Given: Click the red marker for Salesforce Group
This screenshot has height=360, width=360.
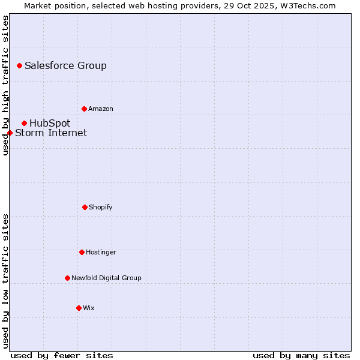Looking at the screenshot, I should coord(19,65).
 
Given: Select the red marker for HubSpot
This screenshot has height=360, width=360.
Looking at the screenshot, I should coord(24,123).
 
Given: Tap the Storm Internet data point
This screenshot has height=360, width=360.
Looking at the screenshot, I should coord(10,133).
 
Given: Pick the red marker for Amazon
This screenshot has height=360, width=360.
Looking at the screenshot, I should coord(84,109).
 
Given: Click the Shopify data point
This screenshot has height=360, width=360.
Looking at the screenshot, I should coord(85,207).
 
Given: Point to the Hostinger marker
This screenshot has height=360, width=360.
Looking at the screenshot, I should coord(82,252).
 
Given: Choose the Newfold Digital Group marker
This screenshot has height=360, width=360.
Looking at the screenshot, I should coord(67,278).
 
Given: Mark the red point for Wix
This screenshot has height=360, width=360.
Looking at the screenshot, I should coord(79,308).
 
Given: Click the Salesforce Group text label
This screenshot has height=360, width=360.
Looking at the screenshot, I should coord(65,66).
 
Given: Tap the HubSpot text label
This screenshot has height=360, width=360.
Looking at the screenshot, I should coord(50,124).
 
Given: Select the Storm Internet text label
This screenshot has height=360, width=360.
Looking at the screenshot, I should coord(51,133).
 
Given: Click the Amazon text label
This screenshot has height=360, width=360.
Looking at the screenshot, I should coord(101,109).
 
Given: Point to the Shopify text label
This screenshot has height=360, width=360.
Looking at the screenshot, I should coord(101,208).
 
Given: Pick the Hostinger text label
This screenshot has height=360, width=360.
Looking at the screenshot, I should coord(101,253).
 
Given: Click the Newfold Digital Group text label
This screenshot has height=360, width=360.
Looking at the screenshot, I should coord(106,278).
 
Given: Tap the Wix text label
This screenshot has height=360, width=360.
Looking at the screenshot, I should coord(89,308).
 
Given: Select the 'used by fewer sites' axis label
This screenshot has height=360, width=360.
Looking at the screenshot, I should coord(62,355).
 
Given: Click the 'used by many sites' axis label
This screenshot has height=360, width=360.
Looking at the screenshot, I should coord(301,355).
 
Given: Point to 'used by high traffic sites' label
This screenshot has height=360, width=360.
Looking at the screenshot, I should coord(5,85).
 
